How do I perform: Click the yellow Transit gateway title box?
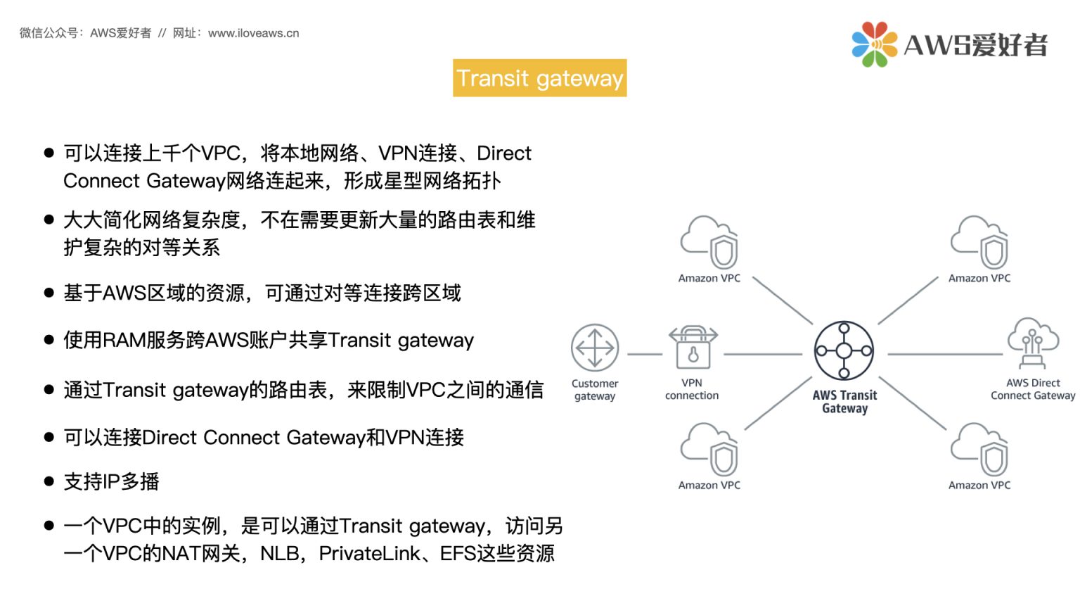point(539,78)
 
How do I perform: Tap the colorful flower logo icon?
point(874,44)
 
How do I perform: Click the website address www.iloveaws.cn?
point(254,33)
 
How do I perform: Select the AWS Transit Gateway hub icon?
point(844,350)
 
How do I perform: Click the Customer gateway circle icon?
point(595,348)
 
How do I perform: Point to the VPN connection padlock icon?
point(693,348)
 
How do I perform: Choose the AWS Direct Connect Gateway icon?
point(1032,343)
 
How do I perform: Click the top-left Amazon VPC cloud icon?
point(709,242)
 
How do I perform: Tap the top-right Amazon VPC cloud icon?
point(979,242)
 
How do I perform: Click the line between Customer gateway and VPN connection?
point(644,354)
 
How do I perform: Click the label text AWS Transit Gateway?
point(844,402)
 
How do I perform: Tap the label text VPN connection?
point(692,389)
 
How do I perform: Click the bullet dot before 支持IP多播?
point(49,482)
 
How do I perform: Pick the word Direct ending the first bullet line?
point(504,153)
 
